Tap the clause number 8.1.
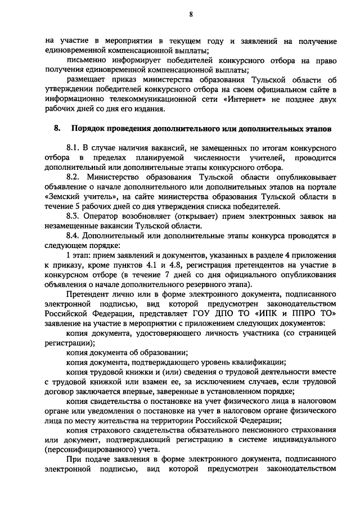(x=74, y=146)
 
